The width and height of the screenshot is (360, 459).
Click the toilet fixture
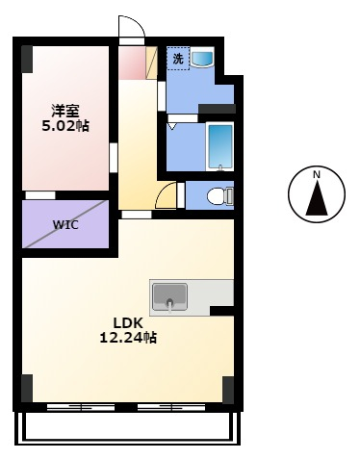(220, 196)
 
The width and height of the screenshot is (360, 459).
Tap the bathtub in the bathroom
(219, 146)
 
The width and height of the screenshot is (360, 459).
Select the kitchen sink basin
(169, 297)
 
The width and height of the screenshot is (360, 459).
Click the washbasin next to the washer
(202, 58)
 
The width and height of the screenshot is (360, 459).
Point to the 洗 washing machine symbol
(178, 59)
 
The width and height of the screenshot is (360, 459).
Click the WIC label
(65, 224)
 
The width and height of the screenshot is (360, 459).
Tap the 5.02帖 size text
(65, 126)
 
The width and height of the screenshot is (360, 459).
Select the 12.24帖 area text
(128, 338)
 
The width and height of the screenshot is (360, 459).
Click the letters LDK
(128, 323)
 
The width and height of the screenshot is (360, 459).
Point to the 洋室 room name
(65, 111)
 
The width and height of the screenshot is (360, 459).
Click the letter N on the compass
(317, 175)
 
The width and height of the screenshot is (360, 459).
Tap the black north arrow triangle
(317, 198)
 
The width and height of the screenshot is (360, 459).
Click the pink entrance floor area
(132, 63)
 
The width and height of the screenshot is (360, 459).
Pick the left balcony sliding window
(81, 407)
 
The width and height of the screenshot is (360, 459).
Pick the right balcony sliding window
(171, 407)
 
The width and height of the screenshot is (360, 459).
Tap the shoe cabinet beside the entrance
(151, 63)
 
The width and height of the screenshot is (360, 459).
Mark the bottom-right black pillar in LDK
(228, 390)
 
